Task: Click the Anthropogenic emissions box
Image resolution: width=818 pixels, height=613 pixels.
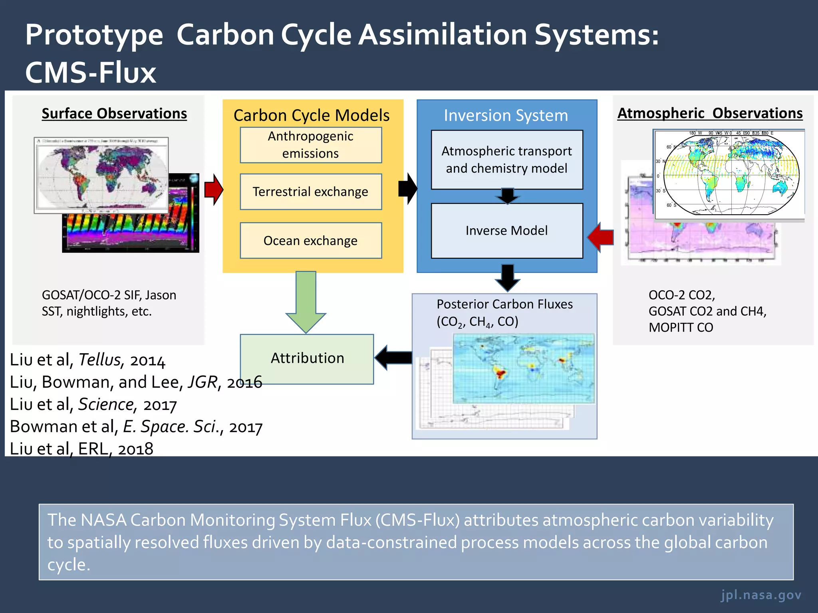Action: point(311,145)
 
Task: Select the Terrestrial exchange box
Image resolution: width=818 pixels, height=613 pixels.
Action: point(311,192)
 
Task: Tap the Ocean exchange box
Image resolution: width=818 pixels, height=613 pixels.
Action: point(311,241)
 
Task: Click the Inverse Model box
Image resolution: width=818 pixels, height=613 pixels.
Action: point(506,231)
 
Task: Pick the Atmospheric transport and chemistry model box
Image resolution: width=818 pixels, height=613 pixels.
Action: point(506,160)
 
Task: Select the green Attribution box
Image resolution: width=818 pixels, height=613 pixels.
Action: point(307,358)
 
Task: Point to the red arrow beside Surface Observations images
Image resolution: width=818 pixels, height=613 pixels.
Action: point(213,190)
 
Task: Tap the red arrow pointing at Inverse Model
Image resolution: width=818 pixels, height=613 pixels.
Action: point(601,237)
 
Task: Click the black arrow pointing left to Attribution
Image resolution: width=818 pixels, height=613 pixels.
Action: point(393,358)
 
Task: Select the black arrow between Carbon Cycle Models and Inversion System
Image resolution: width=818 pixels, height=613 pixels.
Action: point(407,189)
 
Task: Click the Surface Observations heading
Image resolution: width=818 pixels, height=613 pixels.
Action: point(114,113)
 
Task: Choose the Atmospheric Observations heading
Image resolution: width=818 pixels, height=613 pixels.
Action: point(710,113)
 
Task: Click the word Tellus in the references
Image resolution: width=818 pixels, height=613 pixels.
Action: point(99,360)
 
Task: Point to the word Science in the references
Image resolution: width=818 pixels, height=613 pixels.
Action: point(105,404)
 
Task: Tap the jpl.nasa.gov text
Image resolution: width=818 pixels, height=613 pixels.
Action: point(761,595)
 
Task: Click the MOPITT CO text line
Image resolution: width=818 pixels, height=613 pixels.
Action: point(681,327)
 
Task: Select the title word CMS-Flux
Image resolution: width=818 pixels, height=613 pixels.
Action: point(91,73)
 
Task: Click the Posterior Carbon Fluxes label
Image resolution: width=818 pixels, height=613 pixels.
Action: point(504,304)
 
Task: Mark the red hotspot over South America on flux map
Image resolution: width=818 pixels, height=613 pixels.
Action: point(500,373)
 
